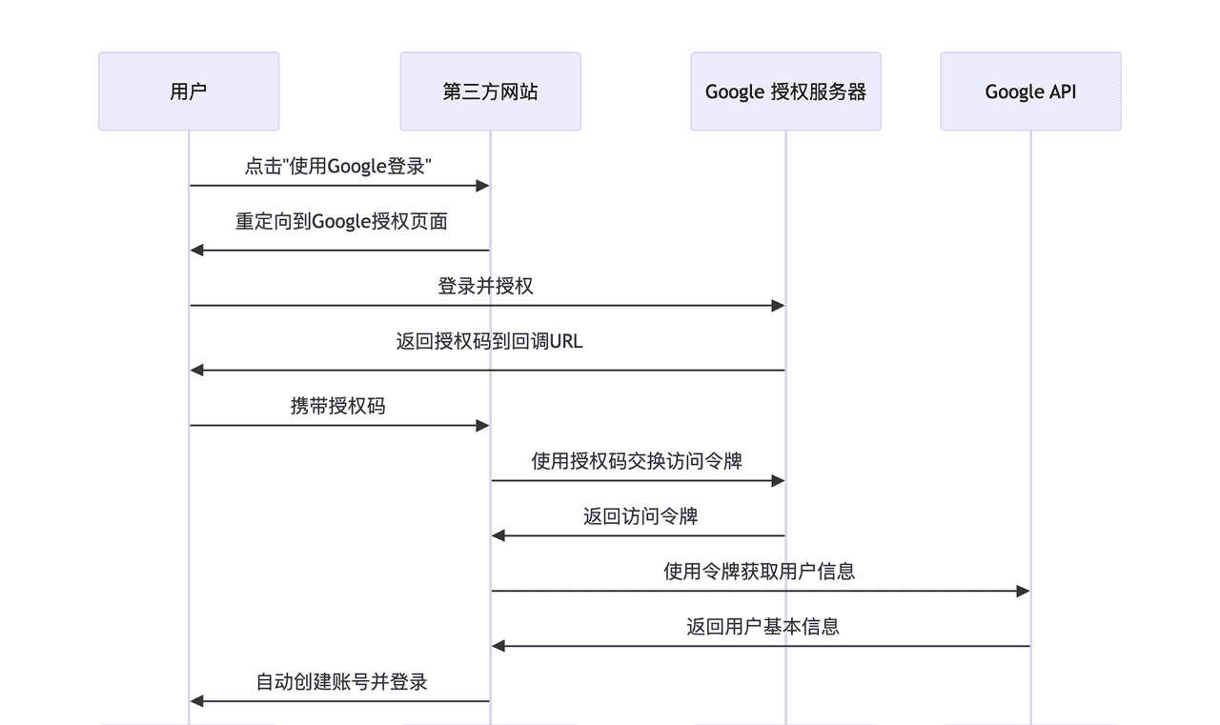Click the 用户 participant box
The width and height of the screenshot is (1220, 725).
tap(189, 91)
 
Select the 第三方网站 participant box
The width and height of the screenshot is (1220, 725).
tap(490, 91)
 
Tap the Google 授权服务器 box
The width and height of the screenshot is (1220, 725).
tap(785, 91)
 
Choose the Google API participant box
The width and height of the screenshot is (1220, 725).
tap(1030, 91)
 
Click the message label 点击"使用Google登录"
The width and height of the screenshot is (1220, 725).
tap(339, 167)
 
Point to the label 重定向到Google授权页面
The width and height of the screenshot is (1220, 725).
tap(341, 222)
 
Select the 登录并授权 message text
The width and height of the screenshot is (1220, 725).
tap(486, 286)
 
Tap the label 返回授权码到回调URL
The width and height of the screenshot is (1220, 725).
tap(489, 341)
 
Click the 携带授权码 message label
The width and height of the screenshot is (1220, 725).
tap(338, 406)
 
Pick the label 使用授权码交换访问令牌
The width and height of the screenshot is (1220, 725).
tap(637, 461)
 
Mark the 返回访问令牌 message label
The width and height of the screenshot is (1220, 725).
tap(640, 516)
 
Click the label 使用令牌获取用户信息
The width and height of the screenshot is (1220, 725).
tap(759, 572)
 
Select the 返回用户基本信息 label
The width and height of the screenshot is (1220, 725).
tap(762, 627)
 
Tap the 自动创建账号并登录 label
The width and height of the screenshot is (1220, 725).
tap(341, 682)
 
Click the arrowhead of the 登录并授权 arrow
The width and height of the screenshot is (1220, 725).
tap(778, 306)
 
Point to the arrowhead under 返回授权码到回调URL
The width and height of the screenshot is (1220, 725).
tap(197, 370)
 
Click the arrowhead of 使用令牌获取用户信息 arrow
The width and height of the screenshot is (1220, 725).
tap(1023, 592)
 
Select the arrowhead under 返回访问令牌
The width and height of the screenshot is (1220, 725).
tap(498, 536)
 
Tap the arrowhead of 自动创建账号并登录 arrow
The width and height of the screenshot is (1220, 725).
tap(197, 701)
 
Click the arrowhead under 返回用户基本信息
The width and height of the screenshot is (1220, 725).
tap(498, 646)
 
